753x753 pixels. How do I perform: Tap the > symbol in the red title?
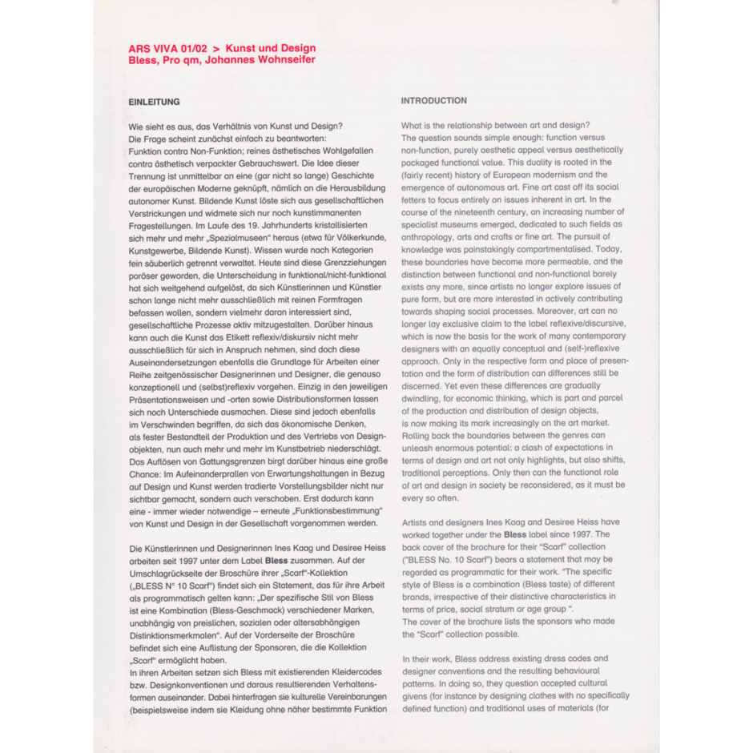[215, 48]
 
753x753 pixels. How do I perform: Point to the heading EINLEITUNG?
[154, 102]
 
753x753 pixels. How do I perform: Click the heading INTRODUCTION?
[433, 101]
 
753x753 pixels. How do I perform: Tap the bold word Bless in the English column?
[516, 534]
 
